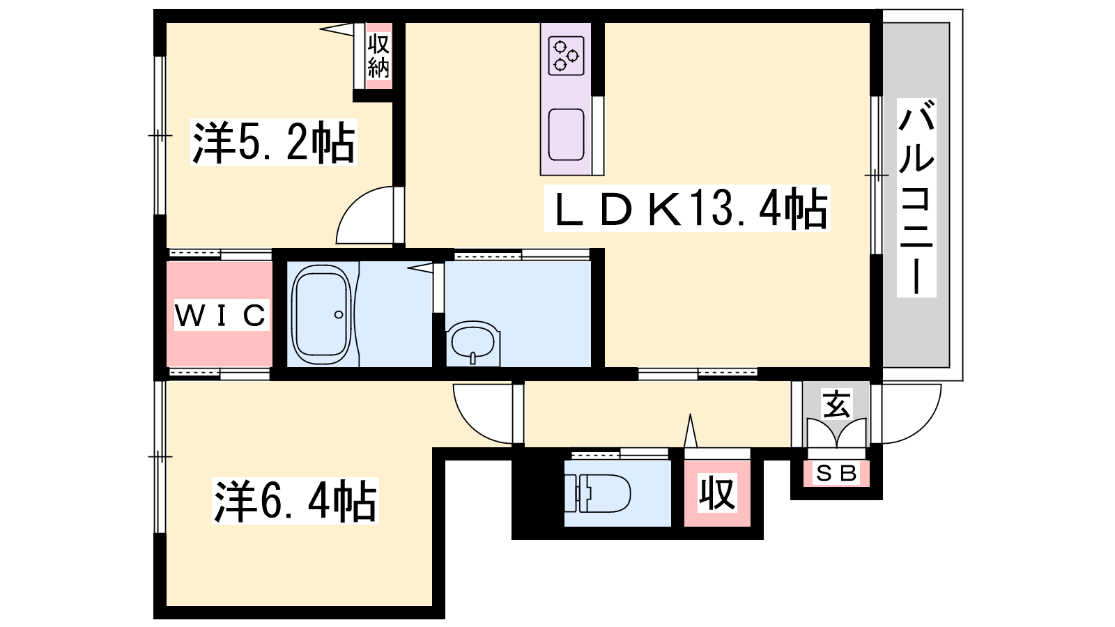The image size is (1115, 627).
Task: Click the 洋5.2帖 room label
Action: [x=274, y=142]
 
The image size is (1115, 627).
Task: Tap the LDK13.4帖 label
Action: [x=687, y=208]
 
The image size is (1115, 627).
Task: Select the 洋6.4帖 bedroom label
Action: [x=295, y=501]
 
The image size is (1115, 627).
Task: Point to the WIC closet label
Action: [x=221, y=315]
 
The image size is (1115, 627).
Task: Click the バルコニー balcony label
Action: [x=916, y=198]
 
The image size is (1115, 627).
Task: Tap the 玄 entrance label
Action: [x=837, y=404]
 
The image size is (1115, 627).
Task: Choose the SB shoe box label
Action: [x=836, y=473]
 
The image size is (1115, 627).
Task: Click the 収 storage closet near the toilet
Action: [x=717, y=493]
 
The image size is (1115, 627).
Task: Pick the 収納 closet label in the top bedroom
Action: [x=378, y=56]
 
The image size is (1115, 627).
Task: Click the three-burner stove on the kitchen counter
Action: [x=566, y=56]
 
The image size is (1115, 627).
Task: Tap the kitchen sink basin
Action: [x=566, y=134]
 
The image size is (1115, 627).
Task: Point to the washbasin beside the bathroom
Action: [x=473, y=343]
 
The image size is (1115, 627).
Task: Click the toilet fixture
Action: [x=597, y=493]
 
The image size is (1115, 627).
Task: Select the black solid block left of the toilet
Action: [x=538, y=493]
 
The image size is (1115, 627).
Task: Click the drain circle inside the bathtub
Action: [x=339, y=314]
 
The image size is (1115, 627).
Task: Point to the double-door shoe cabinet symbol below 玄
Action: [x=837, y=433]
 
